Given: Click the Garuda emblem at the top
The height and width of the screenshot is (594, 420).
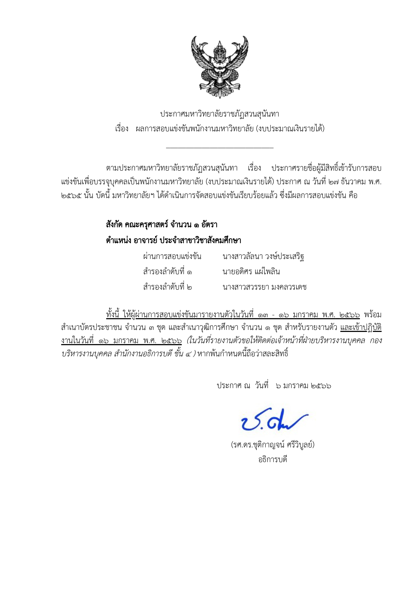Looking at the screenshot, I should (x=219, y=67).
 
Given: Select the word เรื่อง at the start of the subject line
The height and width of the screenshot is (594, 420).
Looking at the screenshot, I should (x=122, y=129).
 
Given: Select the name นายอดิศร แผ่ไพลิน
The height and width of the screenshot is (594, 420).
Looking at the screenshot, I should (x=251, y=272).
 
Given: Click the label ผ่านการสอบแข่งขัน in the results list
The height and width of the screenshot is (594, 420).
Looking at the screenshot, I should (x=172, y=256).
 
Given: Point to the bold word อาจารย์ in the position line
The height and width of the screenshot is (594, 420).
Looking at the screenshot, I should (x=145, y=240).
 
